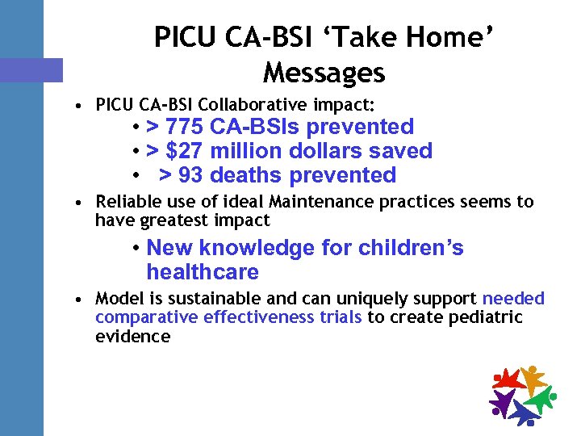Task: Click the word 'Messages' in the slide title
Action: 324,73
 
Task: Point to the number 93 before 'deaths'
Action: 190,175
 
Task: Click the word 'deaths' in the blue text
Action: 247,175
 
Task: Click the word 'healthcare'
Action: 203,272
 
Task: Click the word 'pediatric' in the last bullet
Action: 487,317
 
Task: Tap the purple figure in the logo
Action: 502,400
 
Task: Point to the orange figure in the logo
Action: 533,376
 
